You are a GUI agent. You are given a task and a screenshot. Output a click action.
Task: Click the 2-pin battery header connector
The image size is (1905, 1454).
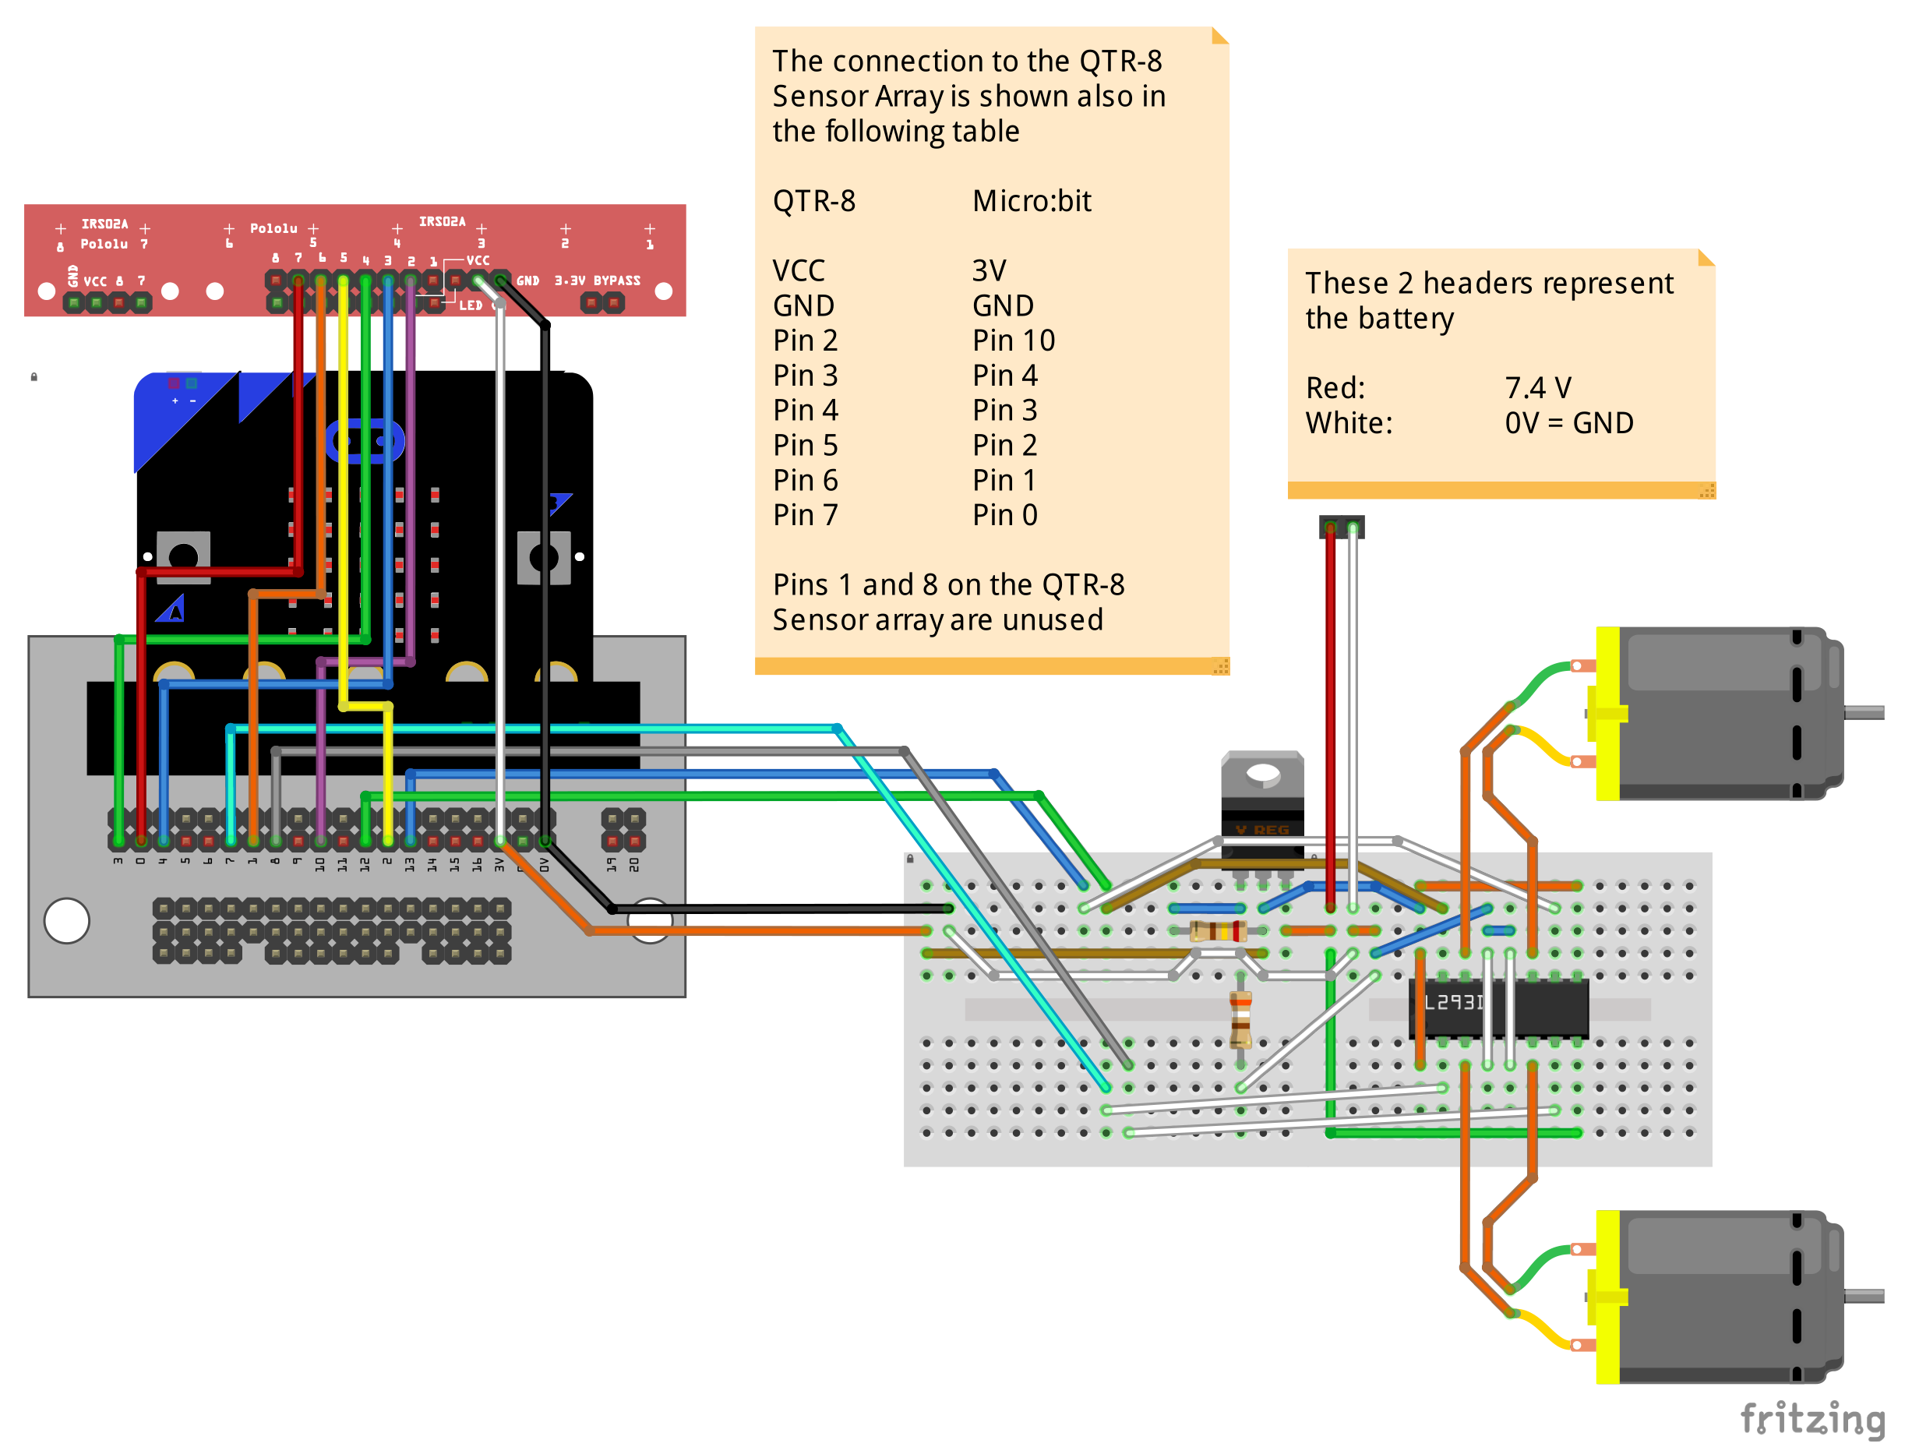[x=1341, y=526]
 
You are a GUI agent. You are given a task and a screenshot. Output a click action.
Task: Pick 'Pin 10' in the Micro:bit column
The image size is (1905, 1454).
[x=1013, y=341]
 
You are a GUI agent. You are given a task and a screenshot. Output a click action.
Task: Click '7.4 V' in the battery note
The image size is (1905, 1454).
[x=1537, y=388]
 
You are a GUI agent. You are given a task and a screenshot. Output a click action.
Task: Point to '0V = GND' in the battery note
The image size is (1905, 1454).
[x=1568, y=423]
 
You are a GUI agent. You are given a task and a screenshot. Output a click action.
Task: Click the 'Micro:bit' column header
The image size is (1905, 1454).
[x=1031, y=201]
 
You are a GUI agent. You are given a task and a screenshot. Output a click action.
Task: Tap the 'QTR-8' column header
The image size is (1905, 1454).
[x=813, y=201]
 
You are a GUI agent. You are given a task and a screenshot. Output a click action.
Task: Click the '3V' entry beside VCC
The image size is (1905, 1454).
[x=989, y=271]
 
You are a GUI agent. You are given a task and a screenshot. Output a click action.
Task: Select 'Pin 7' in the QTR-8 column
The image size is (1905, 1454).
[x=805, y=515]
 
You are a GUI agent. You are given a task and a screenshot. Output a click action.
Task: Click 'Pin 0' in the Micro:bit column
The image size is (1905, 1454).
[x=1004, y=515]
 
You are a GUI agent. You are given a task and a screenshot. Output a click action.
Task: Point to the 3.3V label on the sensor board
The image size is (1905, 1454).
[x=570, y=281]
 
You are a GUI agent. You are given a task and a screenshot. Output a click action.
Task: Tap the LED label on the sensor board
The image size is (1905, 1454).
[x=470, y=305]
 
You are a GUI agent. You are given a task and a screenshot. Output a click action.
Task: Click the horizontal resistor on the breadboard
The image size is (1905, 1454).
[x=1218, y=930]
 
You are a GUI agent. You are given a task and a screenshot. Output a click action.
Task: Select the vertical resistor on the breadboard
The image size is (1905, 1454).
[x=1240, y=1018]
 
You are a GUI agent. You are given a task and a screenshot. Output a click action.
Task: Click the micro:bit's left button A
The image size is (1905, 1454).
[x=182, y=556]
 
